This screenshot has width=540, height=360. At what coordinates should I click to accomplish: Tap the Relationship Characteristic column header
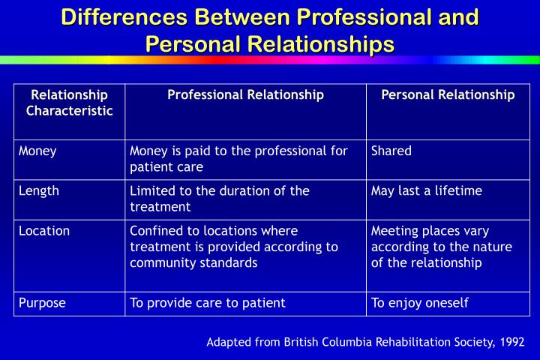(70, 103)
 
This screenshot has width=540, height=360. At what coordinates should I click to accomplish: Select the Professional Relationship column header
(245, 95)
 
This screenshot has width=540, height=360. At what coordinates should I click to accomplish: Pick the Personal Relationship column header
(448, 95)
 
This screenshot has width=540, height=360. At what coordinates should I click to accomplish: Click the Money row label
(38, 151)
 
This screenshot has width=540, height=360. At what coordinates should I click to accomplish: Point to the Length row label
(39, 190)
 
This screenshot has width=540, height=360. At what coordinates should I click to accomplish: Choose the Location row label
(44, 231)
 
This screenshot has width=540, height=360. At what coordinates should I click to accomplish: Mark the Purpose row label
(43, 303)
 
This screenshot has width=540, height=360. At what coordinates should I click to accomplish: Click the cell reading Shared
(391, 151)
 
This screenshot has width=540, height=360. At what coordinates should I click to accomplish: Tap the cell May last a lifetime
(427, 190)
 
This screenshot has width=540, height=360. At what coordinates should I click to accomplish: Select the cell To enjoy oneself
(420, 303)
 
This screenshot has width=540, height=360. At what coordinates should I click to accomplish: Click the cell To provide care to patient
(208, 303)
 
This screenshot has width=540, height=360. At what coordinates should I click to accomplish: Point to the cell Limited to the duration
(220, 198)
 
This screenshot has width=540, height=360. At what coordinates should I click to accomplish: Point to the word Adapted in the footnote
(228, 342)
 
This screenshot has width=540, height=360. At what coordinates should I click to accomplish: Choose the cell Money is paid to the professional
(238, 158)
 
